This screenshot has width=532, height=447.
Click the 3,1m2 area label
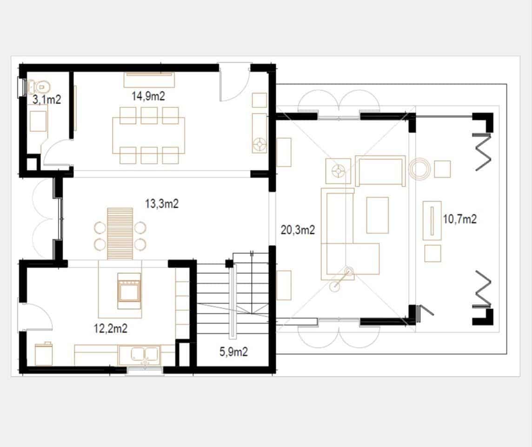coord(47,99)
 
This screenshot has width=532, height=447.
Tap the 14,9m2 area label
coord(148,96)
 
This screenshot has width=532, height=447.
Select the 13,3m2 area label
coord(162,203)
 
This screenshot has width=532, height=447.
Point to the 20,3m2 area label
coord(298,230)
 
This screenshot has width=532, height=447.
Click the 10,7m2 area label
coord(459,219)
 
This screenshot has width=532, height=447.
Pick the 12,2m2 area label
coord(111,328)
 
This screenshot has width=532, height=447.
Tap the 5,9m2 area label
coord(233,352)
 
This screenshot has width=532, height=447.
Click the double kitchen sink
coord(139,355)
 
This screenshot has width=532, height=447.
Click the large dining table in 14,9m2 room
coord(148,135)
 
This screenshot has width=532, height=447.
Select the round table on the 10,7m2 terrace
coord(420,169)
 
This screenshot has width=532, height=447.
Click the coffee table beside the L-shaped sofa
coord(377,215)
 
